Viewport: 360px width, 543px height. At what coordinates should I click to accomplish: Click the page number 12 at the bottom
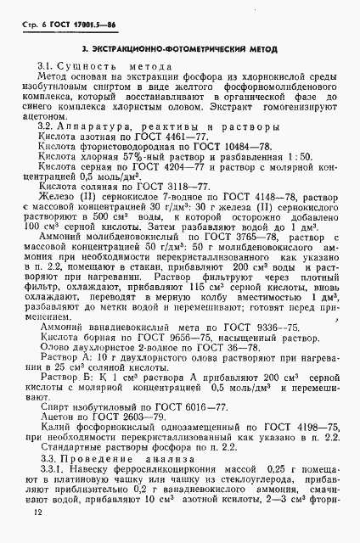point(33,512)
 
